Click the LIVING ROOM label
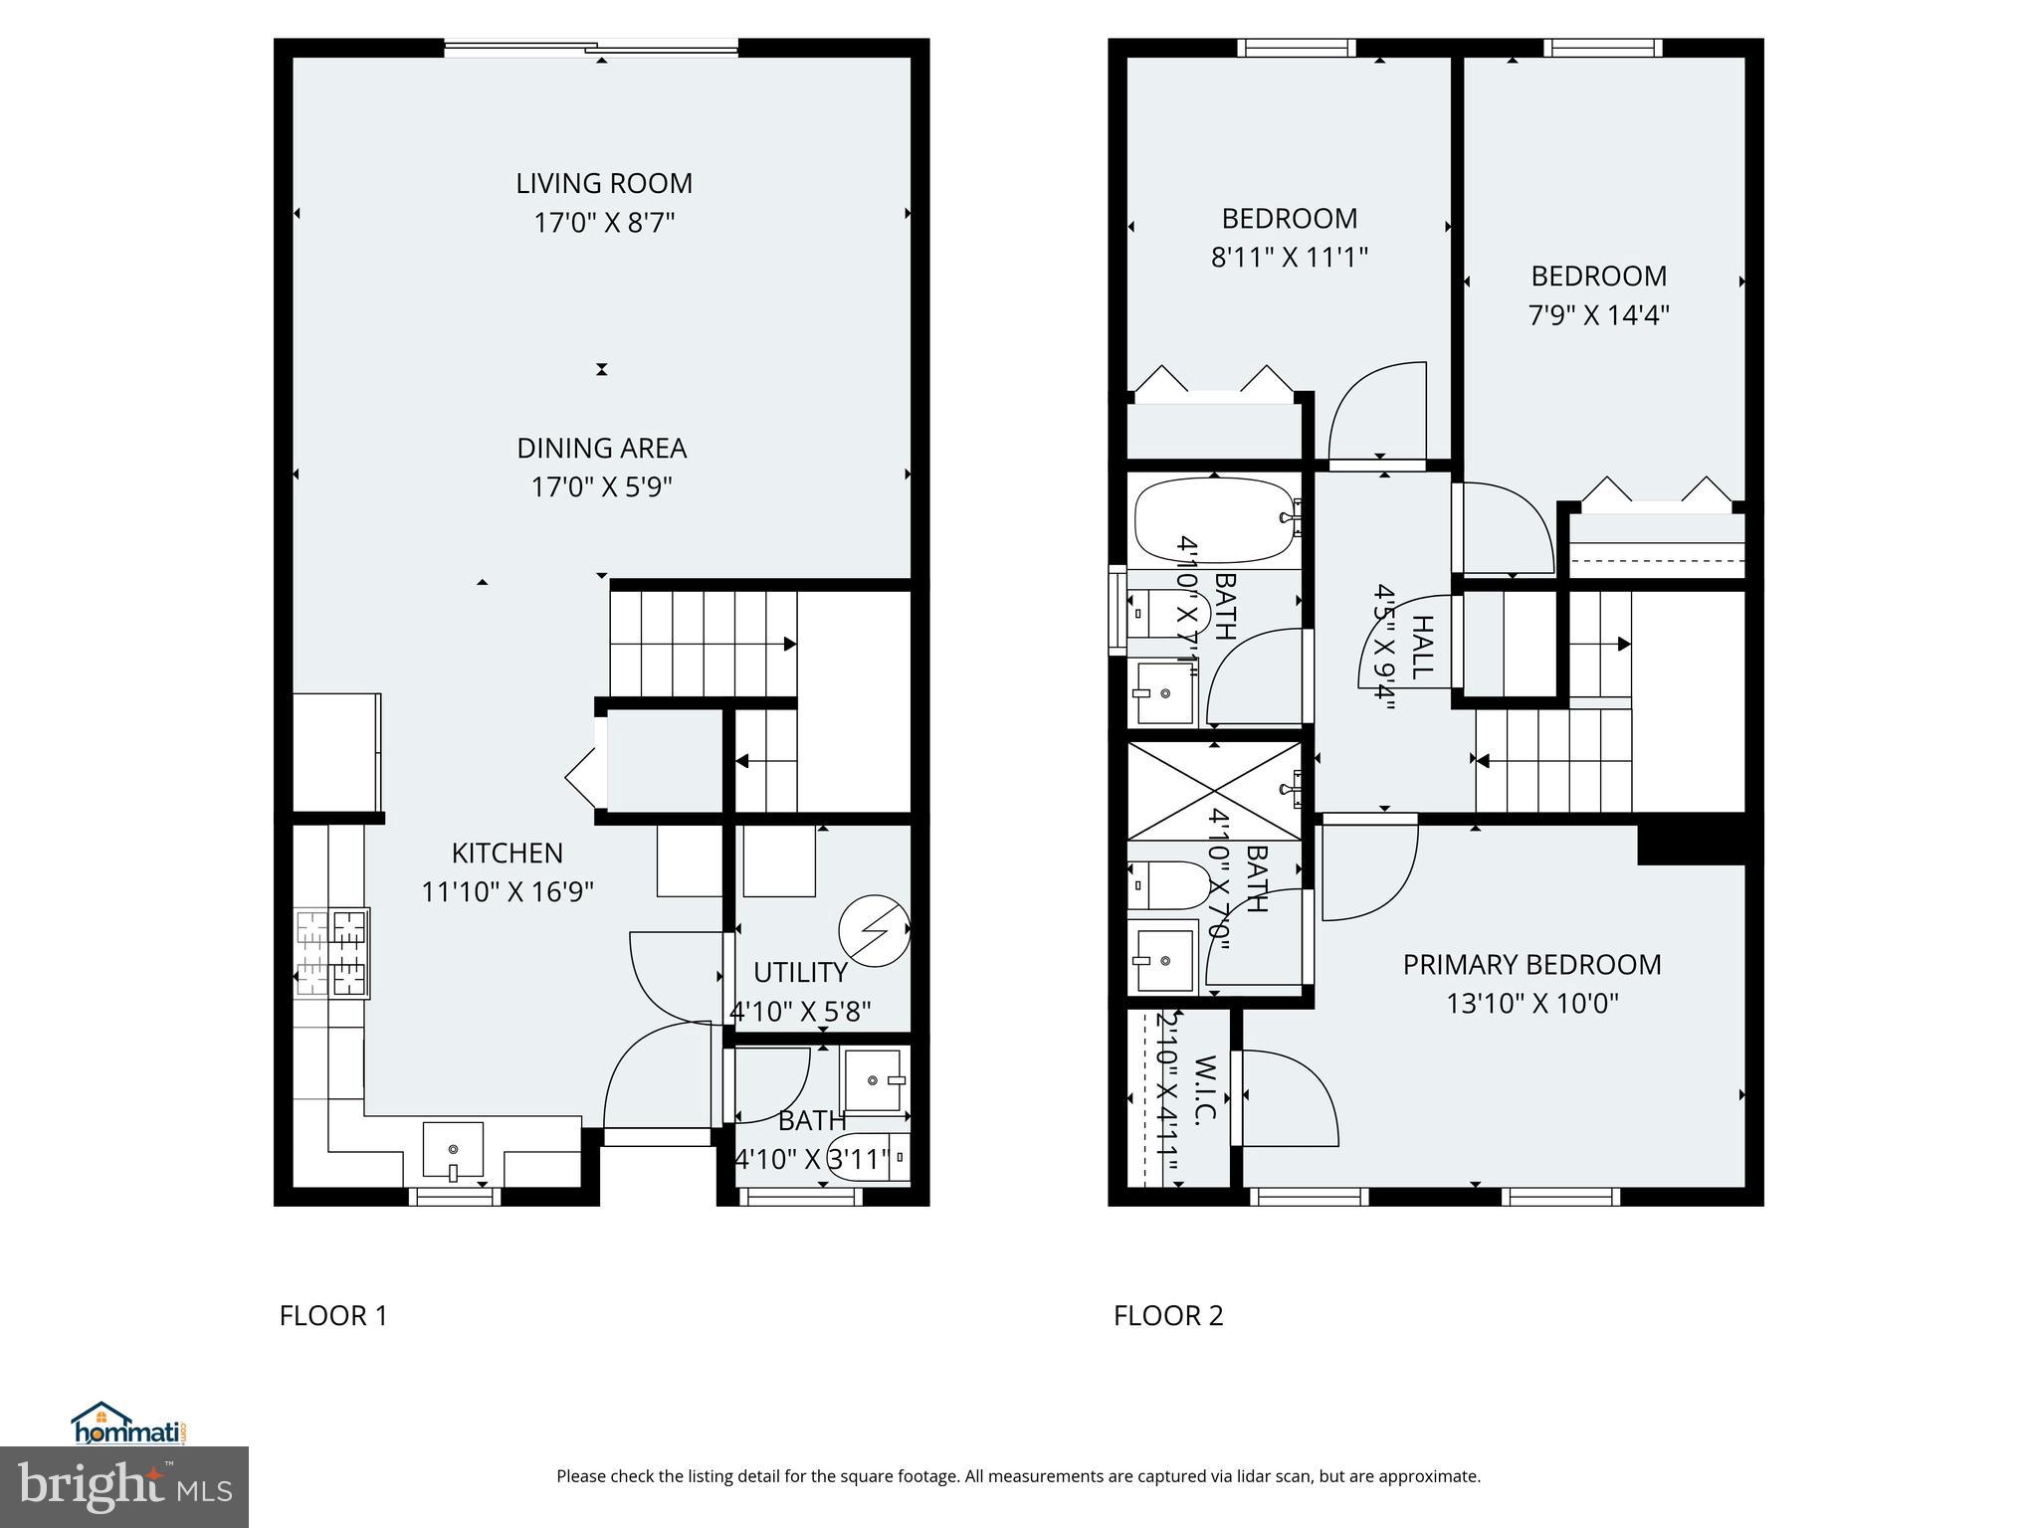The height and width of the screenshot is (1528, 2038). [x=603, y=183]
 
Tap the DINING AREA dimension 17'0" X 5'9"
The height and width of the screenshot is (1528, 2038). [x=601, y=487]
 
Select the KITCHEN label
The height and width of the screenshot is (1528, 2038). [x=507, y=853]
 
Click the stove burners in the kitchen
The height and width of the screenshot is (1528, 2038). [x=331, y=953]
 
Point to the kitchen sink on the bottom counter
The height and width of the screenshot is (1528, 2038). [x=453, y=1150]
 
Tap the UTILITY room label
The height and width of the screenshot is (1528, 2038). [x=800, y=972]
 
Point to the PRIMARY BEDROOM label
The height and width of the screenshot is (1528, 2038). [x=1531, y=964]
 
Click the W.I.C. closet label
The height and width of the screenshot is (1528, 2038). [x=1204, y=1089]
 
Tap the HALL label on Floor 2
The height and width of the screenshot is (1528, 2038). [x=1423, y=647]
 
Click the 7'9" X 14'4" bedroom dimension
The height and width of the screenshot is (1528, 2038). [x=1598, y=315]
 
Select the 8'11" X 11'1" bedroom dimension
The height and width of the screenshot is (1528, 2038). [x=1289, y=258]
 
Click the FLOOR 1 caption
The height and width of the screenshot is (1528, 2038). [x=333, y=1315]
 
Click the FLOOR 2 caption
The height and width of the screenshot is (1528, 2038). [x=1167, y=1315]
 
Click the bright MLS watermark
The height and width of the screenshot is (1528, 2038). [x=124, y=1487]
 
